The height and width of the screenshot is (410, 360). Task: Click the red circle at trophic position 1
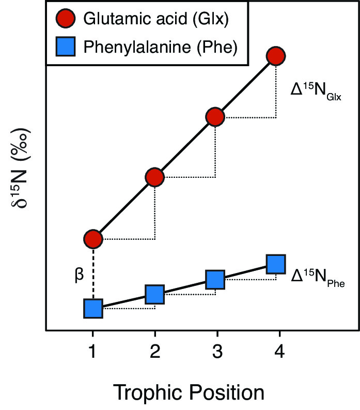click(x=93, y=239)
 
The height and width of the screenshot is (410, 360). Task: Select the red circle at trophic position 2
click(x=154, y=177)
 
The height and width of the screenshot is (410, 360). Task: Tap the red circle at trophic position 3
click(x=215, y=117)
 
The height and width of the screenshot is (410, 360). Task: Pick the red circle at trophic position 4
click(x=276, y=56)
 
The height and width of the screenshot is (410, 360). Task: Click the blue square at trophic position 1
click(x=93, y=309)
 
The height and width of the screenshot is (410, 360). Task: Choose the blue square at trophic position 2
click(x=154, y=294)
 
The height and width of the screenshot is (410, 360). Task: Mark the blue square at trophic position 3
click(x=215, y=280)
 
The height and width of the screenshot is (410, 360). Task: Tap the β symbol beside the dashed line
click(x=79, y=274)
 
